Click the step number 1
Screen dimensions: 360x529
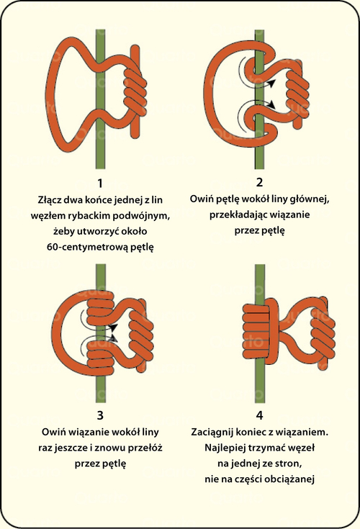coord(99,184)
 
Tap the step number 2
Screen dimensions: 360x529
coord(259,182)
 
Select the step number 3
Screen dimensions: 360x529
coord(100,415)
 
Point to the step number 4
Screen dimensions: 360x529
coord(259,415)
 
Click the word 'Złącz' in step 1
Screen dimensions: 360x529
coord(50,200)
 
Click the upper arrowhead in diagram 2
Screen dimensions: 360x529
coord(271,83)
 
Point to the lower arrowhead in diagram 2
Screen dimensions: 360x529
coord(272,102)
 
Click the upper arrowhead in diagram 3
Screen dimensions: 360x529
coord(114,328)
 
